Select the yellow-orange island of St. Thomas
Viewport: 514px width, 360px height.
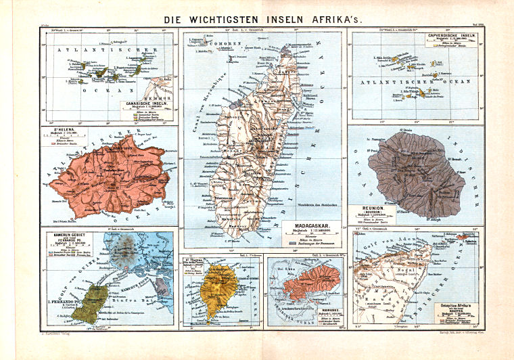(218, 288)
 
